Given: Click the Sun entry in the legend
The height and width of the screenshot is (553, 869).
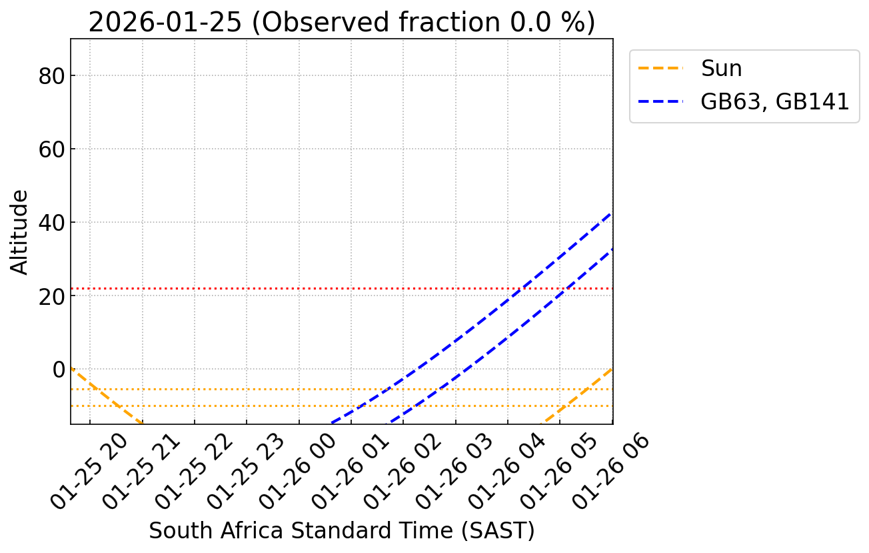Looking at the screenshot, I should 721,69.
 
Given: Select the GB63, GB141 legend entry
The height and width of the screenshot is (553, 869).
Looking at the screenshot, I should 774,102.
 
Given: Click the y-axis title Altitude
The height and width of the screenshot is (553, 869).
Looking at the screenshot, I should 20,231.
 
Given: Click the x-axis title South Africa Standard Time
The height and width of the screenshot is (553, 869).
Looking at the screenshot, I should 341,531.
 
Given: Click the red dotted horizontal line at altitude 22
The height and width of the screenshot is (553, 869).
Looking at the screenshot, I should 267,288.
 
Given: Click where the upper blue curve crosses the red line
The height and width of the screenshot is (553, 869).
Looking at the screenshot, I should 520,288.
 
